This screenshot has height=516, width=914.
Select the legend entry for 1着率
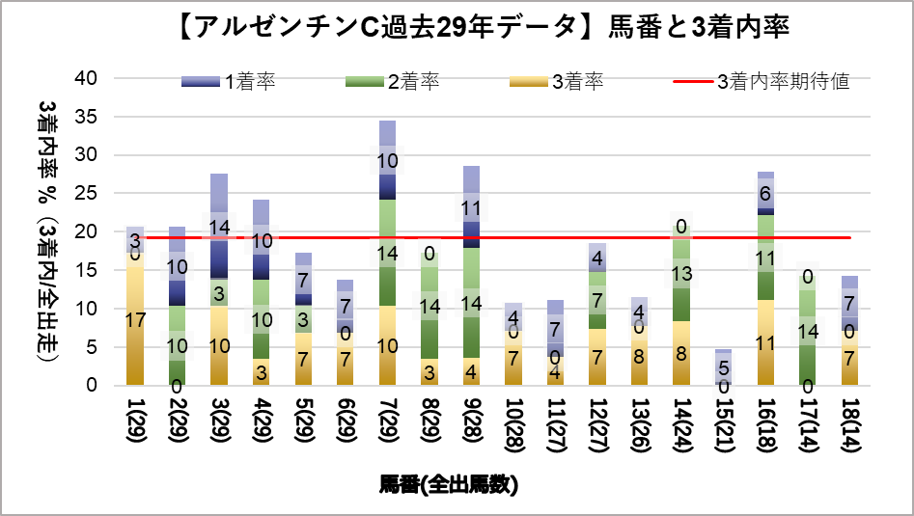(x=231, y=82)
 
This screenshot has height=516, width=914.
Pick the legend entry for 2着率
(x=395, y=82)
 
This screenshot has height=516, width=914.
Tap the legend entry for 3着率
(x=559, y=82)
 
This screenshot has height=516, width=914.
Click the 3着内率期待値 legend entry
(x=762, y=82)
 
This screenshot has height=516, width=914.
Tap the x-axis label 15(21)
(x=724, y=423)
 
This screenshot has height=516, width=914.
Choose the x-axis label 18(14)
(x=849, y=423)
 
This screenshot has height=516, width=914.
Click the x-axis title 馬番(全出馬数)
(x=448, y=485)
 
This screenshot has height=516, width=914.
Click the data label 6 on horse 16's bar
(x=765, y=193)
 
